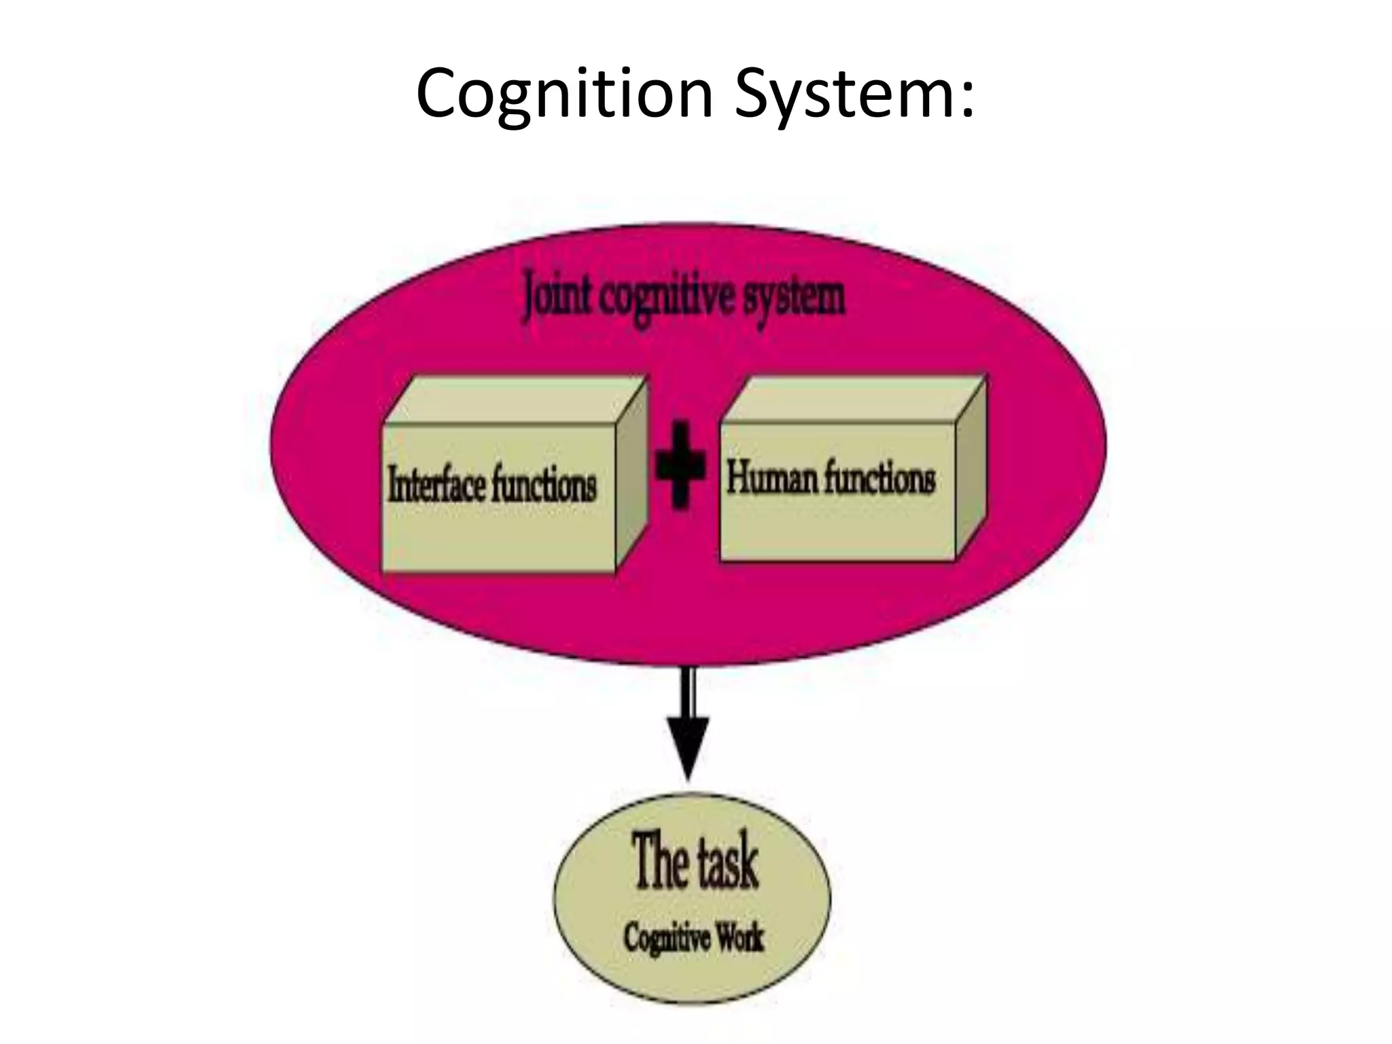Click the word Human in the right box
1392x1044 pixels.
[771, 477]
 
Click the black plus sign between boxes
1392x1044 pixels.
[680, 465]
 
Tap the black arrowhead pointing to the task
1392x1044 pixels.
[688, 748]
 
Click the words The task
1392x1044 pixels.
[695, 863]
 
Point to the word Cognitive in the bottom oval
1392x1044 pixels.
[658, 939]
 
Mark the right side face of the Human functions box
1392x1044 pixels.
[971, 469]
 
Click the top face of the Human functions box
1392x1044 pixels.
[853, 399]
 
